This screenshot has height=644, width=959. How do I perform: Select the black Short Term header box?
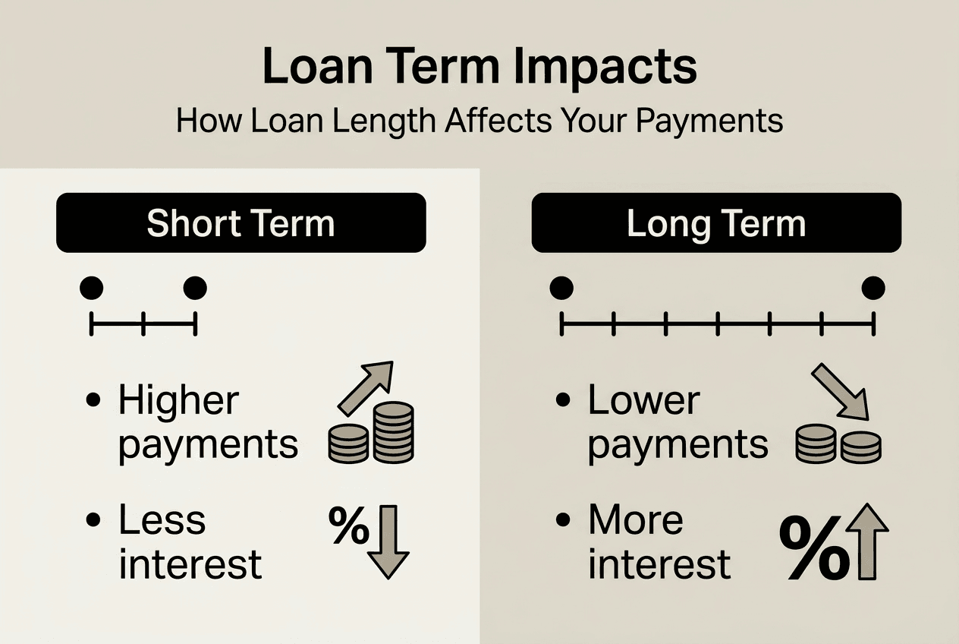click(x=241, y=223)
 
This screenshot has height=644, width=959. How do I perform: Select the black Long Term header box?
click(x=716, y=223)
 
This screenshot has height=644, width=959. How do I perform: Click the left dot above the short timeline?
click(x=91, y=288)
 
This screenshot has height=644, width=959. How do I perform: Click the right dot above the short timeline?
click(x=195, y=288)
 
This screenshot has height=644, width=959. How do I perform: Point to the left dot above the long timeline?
click(x=561, y=288)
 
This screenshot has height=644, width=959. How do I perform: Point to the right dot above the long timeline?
click(x=873, y=288)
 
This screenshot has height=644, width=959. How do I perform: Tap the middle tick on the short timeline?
click(x=143, y=324)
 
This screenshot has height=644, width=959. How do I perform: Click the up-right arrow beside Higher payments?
click(x=366, y=387)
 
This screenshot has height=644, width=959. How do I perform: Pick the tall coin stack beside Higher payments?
click(x=393, y=432)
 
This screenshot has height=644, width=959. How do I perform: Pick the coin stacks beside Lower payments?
click(x=838, y=444)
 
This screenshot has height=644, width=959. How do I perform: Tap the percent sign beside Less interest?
click(x=348, y=526)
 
